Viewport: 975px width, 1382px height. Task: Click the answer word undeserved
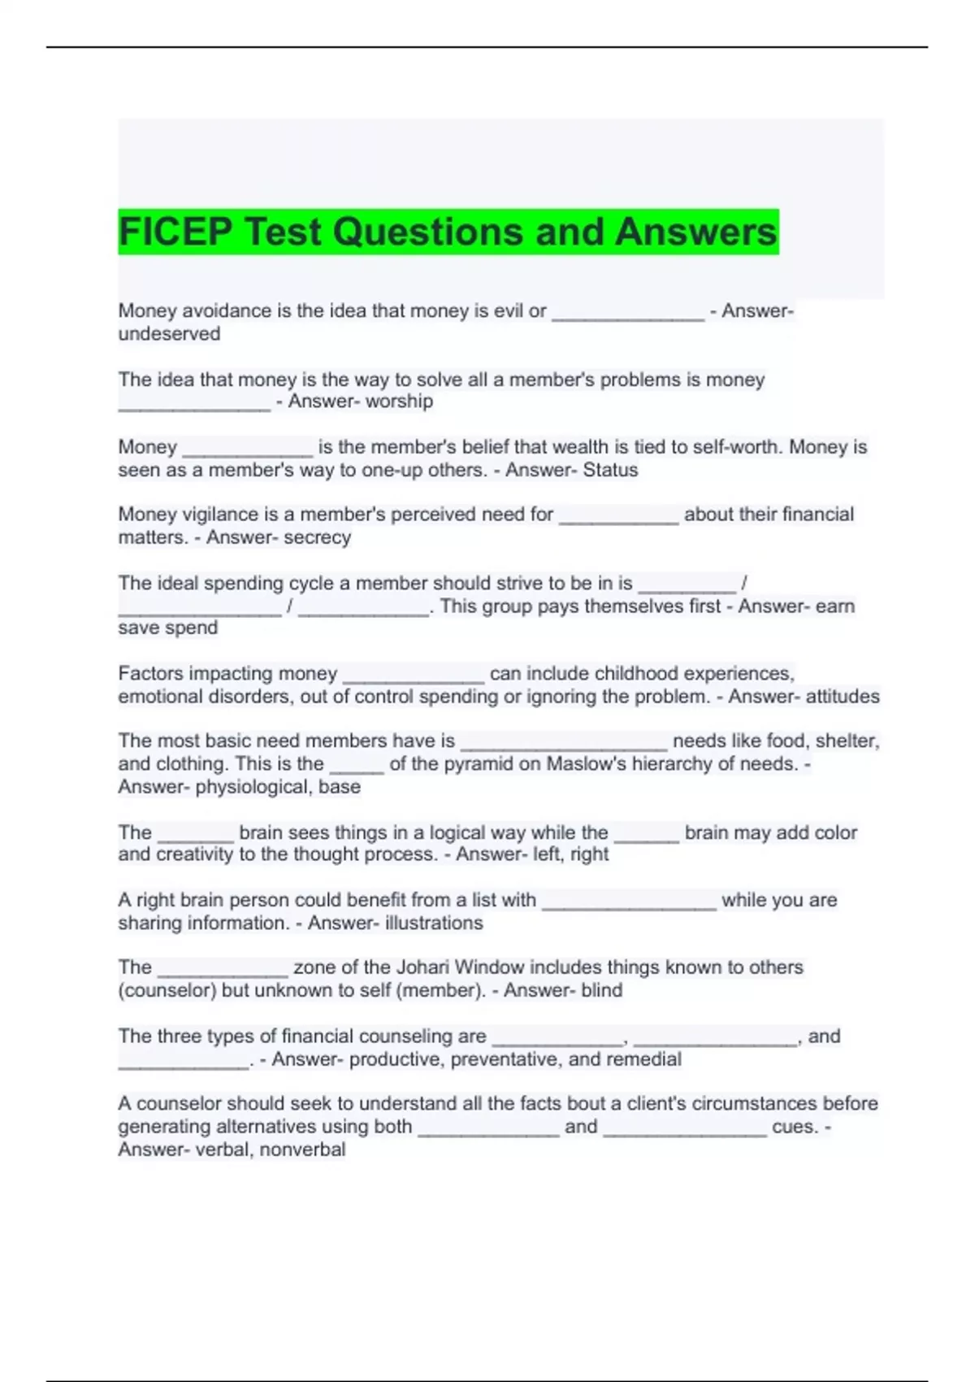click(x=169, y=334)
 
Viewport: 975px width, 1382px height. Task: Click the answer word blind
click(x=601, y=990)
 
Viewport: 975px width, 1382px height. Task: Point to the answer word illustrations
click(x=434, y=924)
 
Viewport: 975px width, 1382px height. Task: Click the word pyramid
click(x=464, y=764)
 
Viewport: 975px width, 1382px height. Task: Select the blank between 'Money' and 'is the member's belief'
click(x=248, y=452)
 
